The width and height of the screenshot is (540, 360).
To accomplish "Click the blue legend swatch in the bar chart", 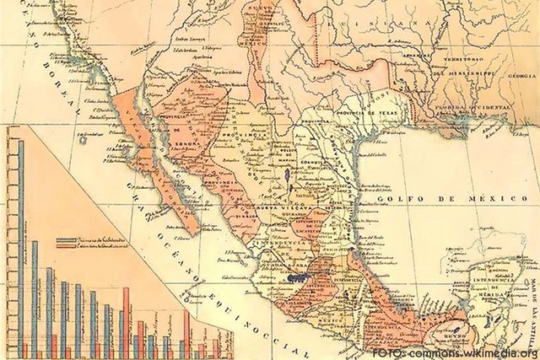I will tap(73, 240).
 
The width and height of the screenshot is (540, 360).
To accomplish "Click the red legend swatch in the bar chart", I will tap(73, 247).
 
